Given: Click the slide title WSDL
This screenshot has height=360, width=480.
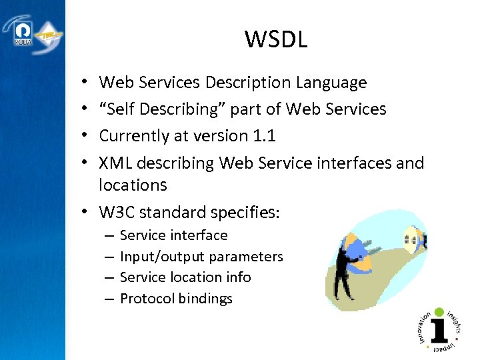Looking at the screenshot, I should click(275, 40).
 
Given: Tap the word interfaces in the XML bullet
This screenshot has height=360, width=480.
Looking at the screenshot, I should click(353, 163).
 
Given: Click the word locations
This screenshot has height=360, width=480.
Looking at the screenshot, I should click(133, 185).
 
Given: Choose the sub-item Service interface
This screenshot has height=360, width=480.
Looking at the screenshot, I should click(173, 235).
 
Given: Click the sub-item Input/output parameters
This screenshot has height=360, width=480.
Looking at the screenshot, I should click(201, 257).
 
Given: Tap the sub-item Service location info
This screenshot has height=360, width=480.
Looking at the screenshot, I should click(185, 277).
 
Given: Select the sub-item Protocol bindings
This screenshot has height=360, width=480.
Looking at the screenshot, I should click(176, 299).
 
